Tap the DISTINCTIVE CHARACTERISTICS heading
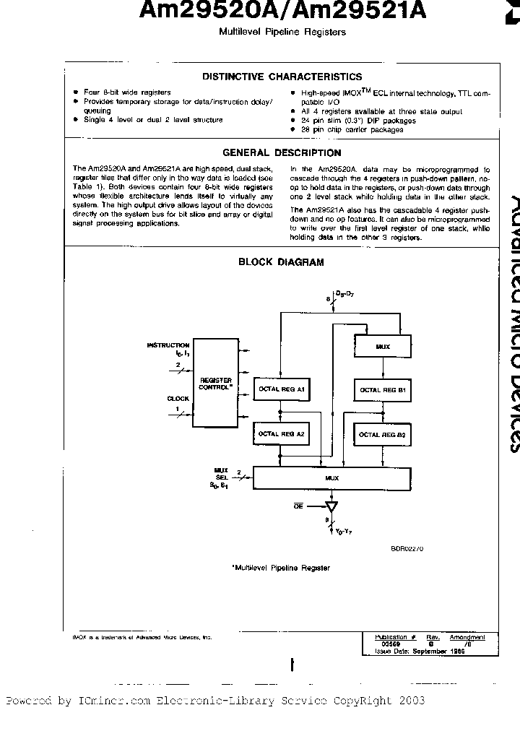282,77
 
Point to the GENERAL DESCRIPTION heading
282,152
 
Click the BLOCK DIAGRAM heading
282,262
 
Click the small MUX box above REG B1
383,347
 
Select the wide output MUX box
331,477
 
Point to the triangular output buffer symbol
332,506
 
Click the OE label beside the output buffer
297,507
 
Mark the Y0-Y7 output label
345,532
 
